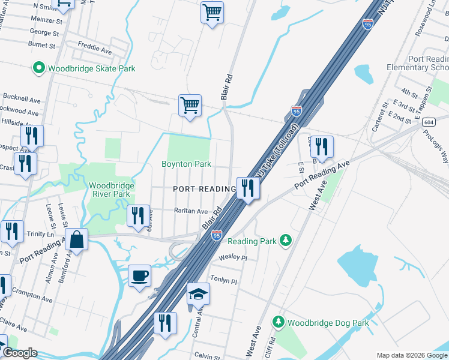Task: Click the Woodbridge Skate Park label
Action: (x=92, y=68)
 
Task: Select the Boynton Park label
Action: (x=186, y=164)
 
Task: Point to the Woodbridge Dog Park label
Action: (x=328, y=323)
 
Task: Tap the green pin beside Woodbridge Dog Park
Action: (x=278, y=322)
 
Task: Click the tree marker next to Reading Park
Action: (x=286, y=241)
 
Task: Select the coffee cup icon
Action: (x=140, y=275)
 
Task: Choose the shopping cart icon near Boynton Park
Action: (x=190, y=106)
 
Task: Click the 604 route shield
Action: (x=427, y=122)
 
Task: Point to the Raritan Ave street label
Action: (x=190, y=211)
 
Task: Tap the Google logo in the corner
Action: (x=20, y=353)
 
